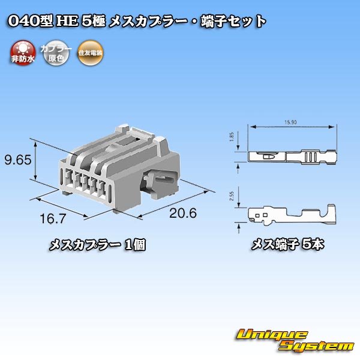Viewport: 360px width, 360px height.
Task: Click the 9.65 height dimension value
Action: (x=19, y=160)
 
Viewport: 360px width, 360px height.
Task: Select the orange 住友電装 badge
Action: (x=90, y=52)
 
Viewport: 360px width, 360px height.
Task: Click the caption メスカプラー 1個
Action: (x=97, y=245)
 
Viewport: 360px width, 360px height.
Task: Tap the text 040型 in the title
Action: (x=30, y=22)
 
